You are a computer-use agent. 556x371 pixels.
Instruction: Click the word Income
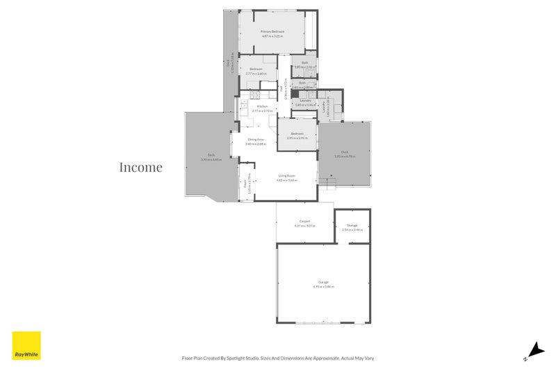(x=140, y=167)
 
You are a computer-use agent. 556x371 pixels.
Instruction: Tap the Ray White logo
(x=26, y=345)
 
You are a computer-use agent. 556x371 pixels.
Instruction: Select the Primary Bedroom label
(x=273, y=31)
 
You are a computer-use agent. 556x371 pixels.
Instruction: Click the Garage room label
(x=323, y=281)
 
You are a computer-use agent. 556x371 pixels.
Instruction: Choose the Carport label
(x=304, y=222)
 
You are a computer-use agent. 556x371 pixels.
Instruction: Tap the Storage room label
(x=352, y=225)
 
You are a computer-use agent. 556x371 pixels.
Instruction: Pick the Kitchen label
(x=263, y=106)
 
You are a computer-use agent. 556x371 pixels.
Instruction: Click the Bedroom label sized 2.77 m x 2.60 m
(x=256, y=69)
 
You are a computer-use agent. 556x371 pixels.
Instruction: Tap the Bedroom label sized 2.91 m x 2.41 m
(x=297, y=133)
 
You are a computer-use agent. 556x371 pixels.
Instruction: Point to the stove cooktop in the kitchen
(x=254, y=94)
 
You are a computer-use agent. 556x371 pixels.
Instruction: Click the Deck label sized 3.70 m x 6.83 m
(x=211, y=155)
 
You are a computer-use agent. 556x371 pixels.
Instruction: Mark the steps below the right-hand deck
(x=331, y=183)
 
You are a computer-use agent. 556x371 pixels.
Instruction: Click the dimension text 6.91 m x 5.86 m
(x=324, y=286)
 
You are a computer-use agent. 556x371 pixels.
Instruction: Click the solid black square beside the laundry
(x=294, y=99)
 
